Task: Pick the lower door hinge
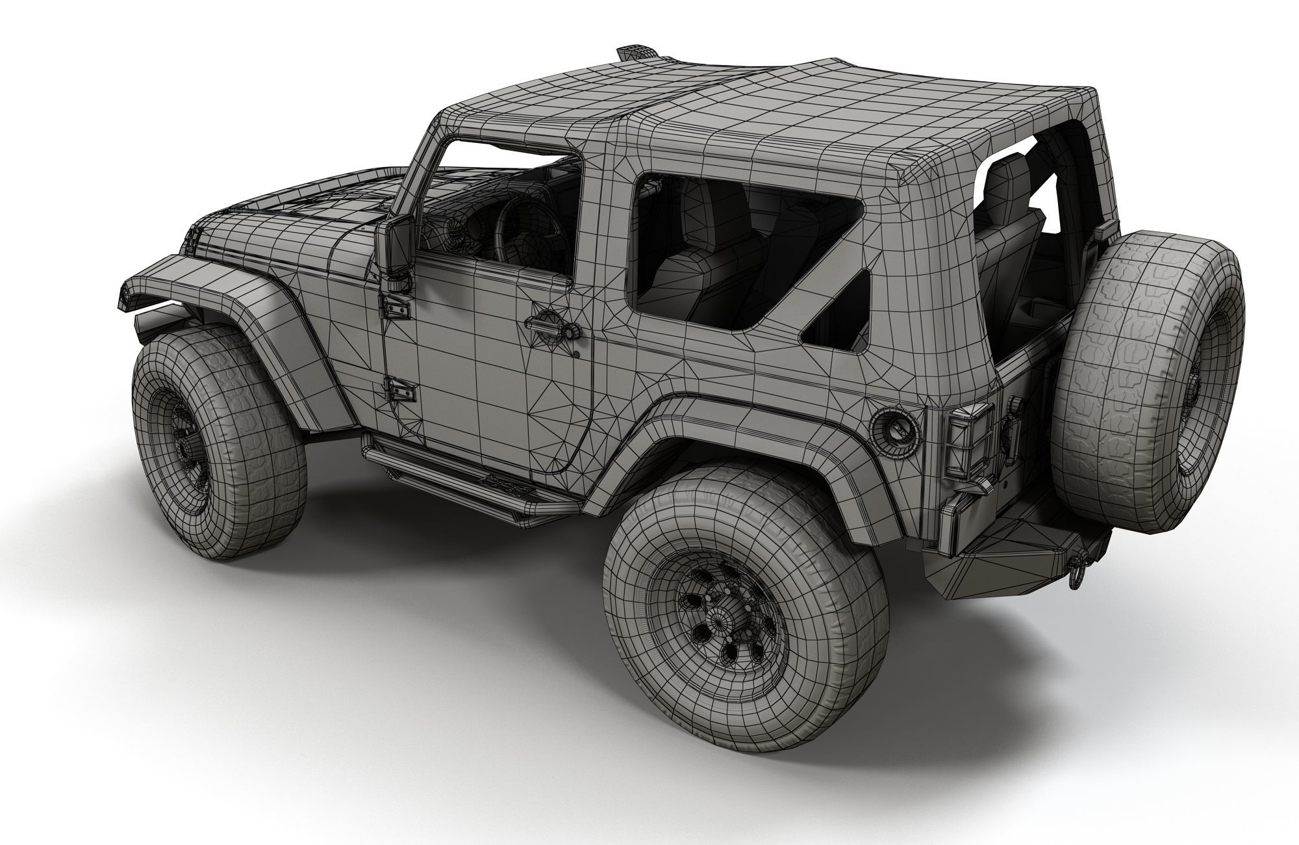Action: (397, 390)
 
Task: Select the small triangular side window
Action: (841, 312)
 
